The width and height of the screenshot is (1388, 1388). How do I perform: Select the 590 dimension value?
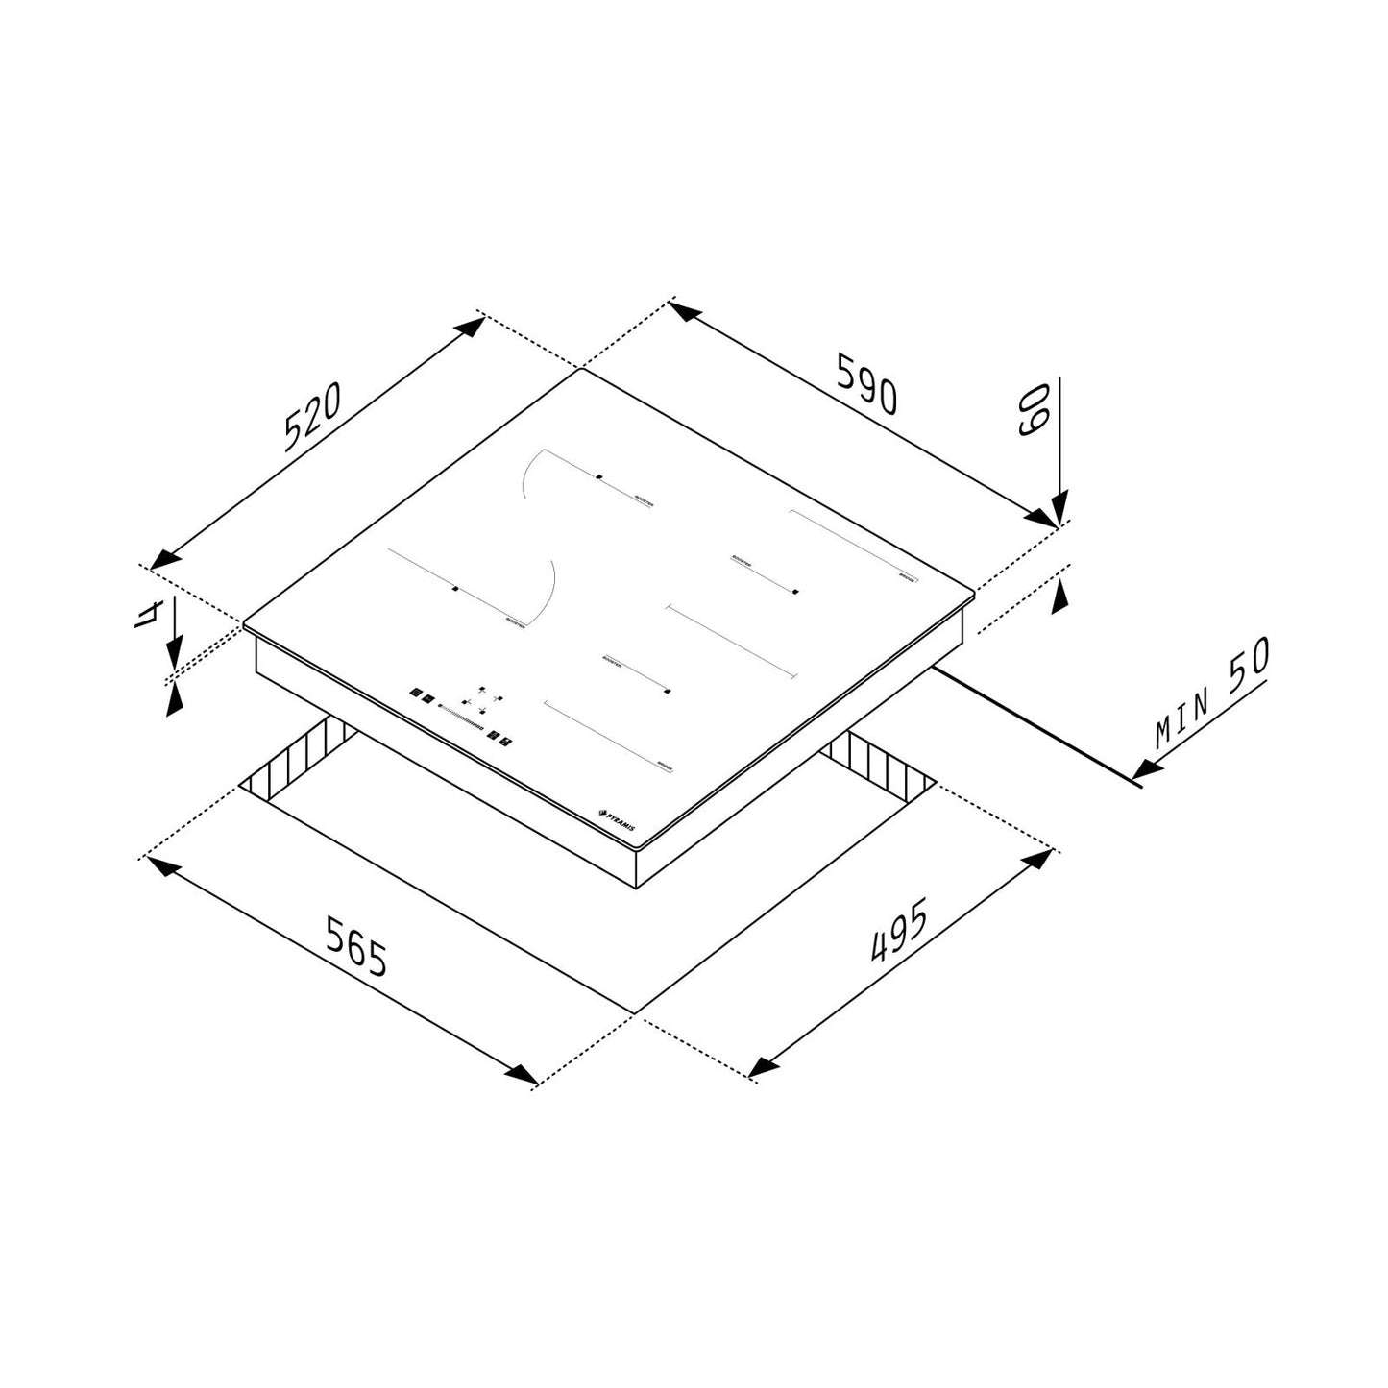click(x=866, y=383)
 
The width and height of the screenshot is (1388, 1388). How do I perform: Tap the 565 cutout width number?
click(x=355, y=947)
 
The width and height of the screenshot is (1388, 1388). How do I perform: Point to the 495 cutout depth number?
click(x=898, y=930)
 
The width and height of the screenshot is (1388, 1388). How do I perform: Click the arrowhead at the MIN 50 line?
click(x=1146, y=768)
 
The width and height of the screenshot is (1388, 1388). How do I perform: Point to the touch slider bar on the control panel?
click(x=459, y=718)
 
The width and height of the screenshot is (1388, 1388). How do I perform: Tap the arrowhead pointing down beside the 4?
click(x=173, y=656)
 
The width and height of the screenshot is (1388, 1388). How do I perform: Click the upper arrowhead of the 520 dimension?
click(x=469, y=326)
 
